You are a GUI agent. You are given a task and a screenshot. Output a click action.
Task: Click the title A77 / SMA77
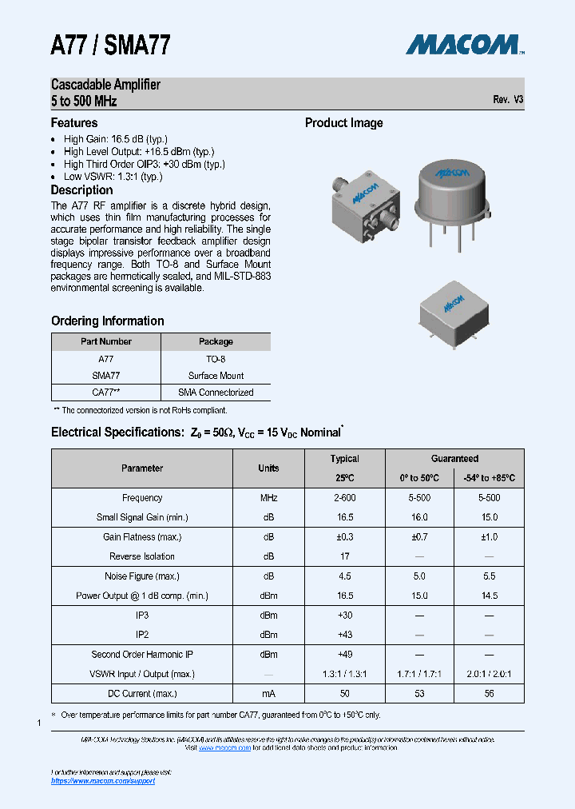pyautogui.click(x=110, y=45)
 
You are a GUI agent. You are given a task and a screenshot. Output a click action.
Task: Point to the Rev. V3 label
pyautogui.click(x=508, y=100)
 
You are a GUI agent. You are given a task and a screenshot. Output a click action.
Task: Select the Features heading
pyautogui.click(x=74, y=123)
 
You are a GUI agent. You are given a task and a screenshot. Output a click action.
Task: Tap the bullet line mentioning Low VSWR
pyautogui.click(x=113, y=177)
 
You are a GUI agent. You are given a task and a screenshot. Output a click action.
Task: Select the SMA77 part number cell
pyautogui.click(x=106, y=376)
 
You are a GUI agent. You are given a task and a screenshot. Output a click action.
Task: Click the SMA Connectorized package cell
pyautogui.click(x=216, y=393)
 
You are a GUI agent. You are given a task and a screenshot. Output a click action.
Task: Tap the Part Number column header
pyautogui.click(x=106, y=341)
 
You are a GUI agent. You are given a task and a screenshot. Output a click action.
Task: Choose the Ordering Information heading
pyautogui.click(x=108, y=321)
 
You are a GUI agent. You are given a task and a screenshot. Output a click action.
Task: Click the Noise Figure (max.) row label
pyautogui.click(x=142, y=576)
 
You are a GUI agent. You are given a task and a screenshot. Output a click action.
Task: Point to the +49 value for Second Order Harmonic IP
pyautogui.click(x=345, y=654)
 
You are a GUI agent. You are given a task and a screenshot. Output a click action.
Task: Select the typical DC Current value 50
pyautogui.click(x=345, y=694)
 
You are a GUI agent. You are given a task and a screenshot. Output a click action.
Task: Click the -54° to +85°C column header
pyautogui.click(x=489, y=478)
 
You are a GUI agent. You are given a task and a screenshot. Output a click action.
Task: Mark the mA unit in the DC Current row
pyautogui.click(x=268, y=694)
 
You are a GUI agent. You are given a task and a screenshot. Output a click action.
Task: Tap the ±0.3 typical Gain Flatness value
pyautogui.click(x=345, y=537)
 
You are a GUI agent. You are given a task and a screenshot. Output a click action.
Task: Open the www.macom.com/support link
pyautogui.click(x=103, y=781)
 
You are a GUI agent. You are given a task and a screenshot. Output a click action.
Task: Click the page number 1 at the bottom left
pyautogui.click(x=38, y=723)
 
